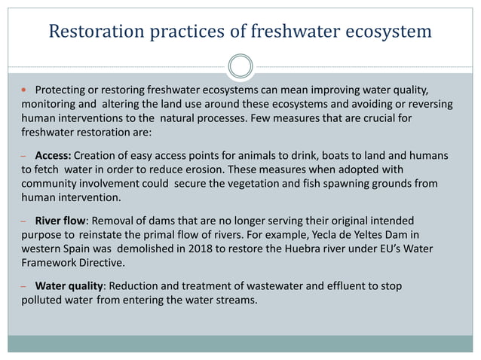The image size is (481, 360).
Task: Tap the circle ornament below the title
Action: (240, 66)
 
